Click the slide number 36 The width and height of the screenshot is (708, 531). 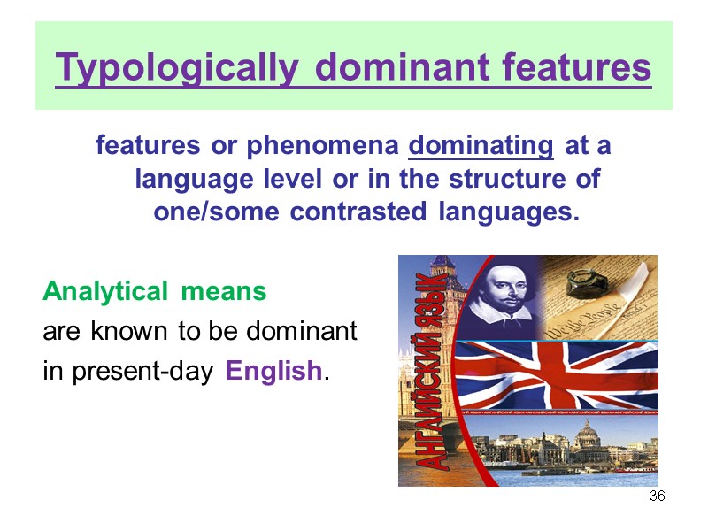click(657, 496)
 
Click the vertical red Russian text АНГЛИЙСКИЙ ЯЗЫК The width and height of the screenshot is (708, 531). click(435, 372)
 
